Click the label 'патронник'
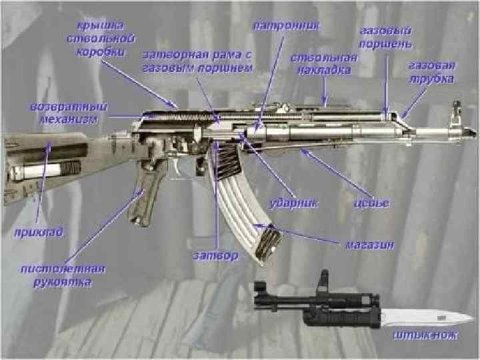286,25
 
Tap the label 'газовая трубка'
432,72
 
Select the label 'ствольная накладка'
324,63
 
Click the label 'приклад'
39,233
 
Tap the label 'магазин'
369,245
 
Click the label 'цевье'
372,202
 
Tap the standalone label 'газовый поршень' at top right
385,37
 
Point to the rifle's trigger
175,167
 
